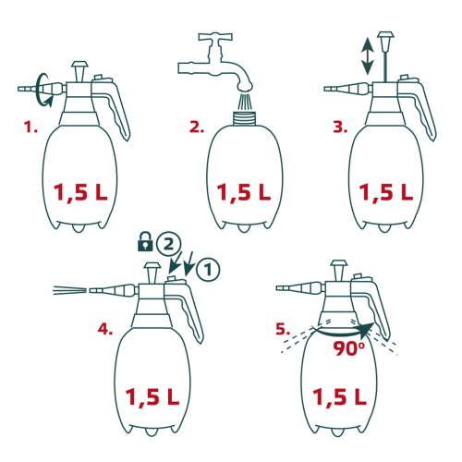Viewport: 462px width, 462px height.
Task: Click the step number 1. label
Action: tap(30, 127)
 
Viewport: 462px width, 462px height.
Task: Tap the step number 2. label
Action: tap(197, 127)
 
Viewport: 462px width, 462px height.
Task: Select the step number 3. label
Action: tap(340, 127)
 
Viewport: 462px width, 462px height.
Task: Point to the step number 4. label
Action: tap(105, 329)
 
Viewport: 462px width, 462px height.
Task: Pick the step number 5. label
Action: tap(283, 329)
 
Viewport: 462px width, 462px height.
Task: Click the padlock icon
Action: tap(145, 242)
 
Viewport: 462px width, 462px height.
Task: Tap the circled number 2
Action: tap(168, 244)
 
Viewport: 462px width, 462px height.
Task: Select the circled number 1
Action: tap(208, 270)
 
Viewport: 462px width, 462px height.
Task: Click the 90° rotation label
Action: tap(348, 348)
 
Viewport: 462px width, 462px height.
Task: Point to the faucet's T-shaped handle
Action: tap(215, 37)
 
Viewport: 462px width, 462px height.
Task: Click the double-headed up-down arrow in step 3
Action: tap(367, 56)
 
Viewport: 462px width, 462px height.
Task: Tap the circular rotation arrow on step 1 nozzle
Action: tap(42, 90)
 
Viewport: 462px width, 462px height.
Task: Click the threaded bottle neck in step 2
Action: tap(245, 117)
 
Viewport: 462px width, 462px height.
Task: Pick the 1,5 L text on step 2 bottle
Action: tap(244, 193)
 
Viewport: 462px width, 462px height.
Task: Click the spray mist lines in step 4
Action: tap(69, 290)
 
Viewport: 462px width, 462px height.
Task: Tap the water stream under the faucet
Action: tap(245, 101)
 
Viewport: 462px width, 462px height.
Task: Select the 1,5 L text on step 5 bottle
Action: tap(340, 396)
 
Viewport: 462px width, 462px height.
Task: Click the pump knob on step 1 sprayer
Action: tap(79, 71)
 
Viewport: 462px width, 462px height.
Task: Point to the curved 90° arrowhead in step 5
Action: tap(367, 331)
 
